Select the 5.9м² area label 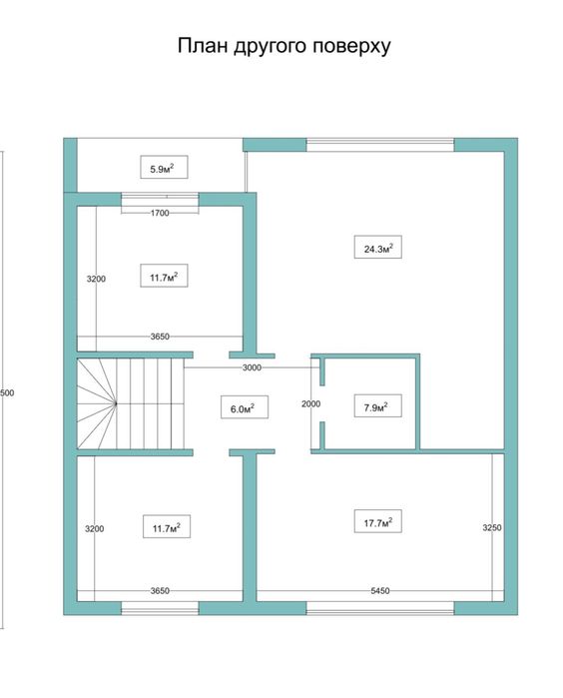[x=162, y=169]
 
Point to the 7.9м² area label [x=376, y=406]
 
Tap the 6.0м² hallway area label [x=241, y=407]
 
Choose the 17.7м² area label [x=376, y=520]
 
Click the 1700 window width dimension [x=160, y=213]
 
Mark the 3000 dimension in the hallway [x=252, y=368]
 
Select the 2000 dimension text [x=310, y=404]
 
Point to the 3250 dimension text [x=492, y=526]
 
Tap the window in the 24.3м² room [x=379, y=145]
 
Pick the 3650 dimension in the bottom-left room [x=160, y=591]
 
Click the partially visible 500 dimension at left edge [x=7, y=392]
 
